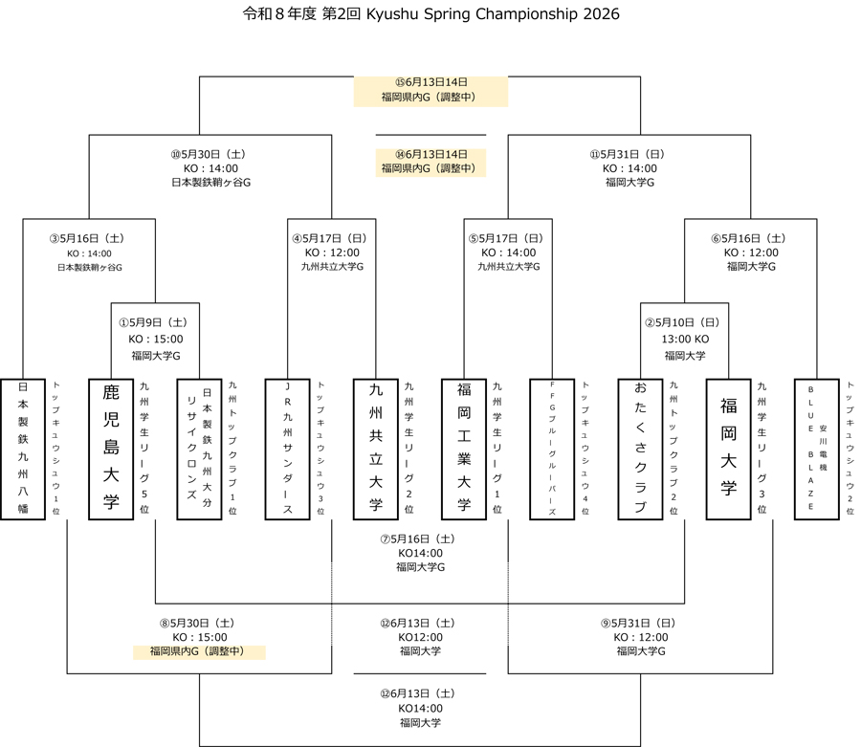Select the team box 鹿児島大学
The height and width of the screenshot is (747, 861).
(x=110, y=449)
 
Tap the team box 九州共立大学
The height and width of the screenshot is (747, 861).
(x=375, y=449)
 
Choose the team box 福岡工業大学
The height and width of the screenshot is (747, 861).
(x=464, y=449)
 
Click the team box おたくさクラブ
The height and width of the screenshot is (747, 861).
(x=640, y=449)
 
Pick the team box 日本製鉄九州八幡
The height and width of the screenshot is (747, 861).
(x=23, y=449)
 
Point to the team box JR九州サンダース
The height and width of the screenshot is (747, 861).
(x=287, y=449)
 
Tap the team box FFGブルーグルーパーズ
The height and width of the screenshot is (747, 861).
(x=552, y=449)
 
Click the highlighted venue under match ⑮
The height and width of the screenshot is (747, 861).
(x=430, y=98)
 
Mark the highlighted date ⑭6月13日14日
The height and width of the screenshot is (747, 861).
(x=430, y=154)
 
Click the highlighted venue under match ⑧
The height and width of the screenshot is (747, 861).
(x=199, y=652)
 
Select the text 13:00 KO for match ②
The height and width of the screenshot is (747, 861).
(x=685, y=339)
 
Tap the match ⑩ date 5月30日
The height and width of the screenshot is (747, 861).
(x=210, y=153)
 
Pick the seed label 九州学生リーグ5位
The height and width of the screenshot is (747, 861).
(x=143, y=449)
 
